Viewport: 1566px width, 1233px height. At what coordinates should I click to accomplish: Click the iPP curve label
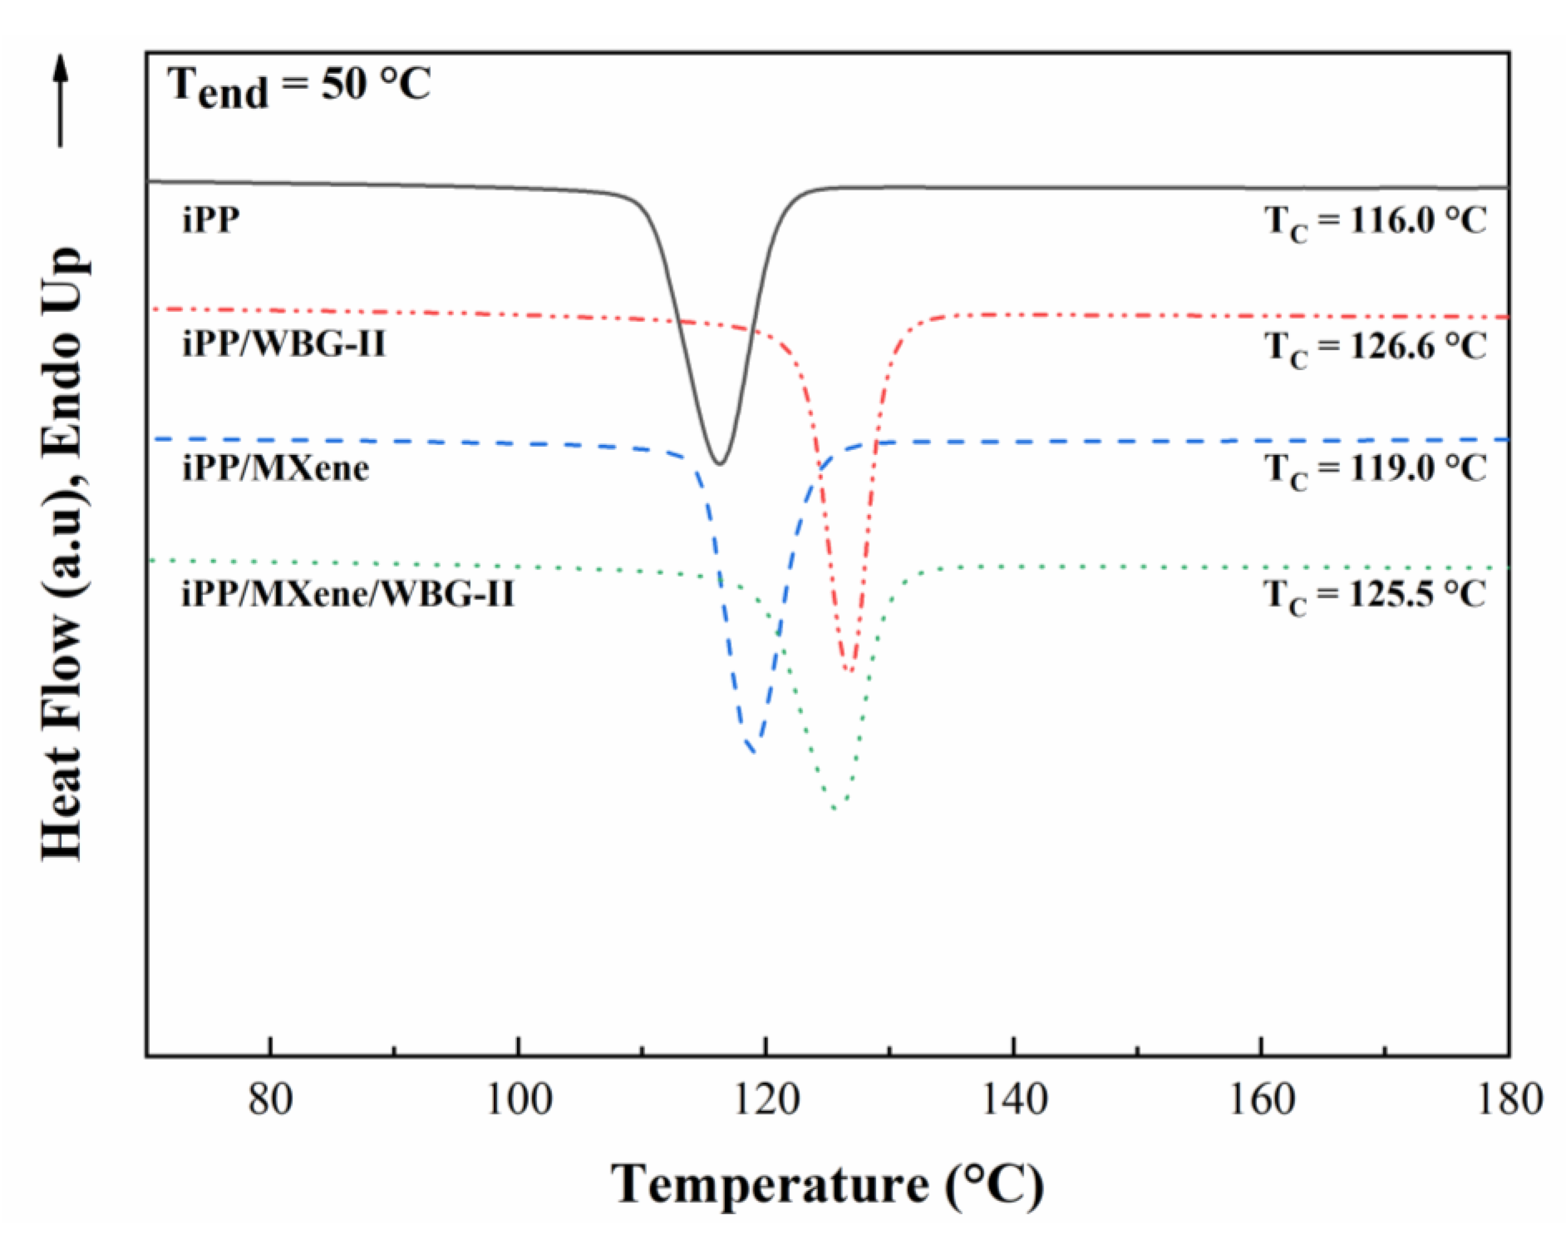click(x=210, y=219)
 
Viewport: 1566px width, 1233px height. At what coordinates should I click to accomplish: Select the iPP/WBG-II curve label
click(x=284, y=344)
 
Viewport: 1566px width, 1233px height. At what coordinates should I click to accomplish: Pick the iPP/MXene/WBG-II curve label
click(x=348, y=594)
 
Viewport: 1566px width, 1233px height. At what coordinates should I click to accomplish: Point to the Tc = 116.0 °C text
click(x=1375, y=221)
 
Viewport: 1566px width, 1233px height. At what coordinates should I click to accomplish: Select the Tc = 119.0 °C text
click(x=1375, y=470)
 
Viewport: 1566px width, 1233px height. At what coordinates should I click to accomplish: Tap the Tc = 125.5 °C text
click(x=1375, y=596)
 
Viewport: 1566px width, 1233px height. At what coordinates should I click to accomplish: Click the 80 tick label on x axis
click(x=271, y=1100)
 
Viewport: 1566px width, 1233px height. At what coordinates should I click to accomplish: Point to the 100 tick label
click(x=518, y=1100)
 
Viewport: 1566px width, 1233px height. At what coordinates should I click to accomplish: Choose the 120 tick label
click(x=767, y=1100)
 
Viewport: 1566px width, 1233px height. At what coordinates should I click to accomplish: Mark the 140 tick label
click(x=1014, y=1100)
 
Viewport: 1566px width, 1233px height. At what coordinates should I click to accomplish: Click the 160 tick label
click(x=1261, y=1100)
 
